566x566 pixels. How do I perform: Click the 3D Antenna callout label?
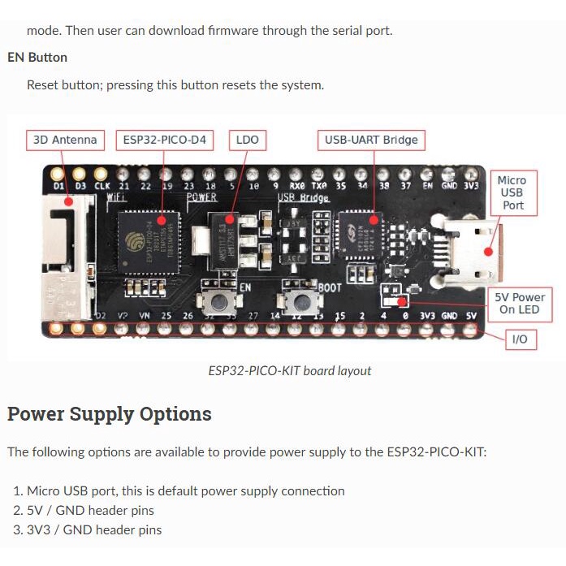[65, 140]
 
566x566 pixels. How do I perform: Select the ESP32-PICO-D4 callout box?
[164, 140]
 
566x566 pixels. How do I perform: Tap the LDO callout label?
[247, 140]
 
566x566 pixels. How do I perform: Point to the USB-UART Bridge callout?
[371, 140]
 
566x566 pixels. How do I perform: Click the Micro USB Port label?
[512, 192]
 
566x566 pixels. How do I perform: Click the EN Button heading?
[37, 58]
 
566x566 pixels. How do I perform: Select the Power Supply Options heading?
[110, 414]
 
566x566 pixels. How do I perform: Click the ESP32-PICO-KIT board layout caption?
[290, 371]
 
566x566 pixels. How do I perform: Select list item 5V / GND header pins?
[90, 511]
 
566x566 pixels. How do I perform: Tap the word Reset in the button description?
[43, 85]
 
